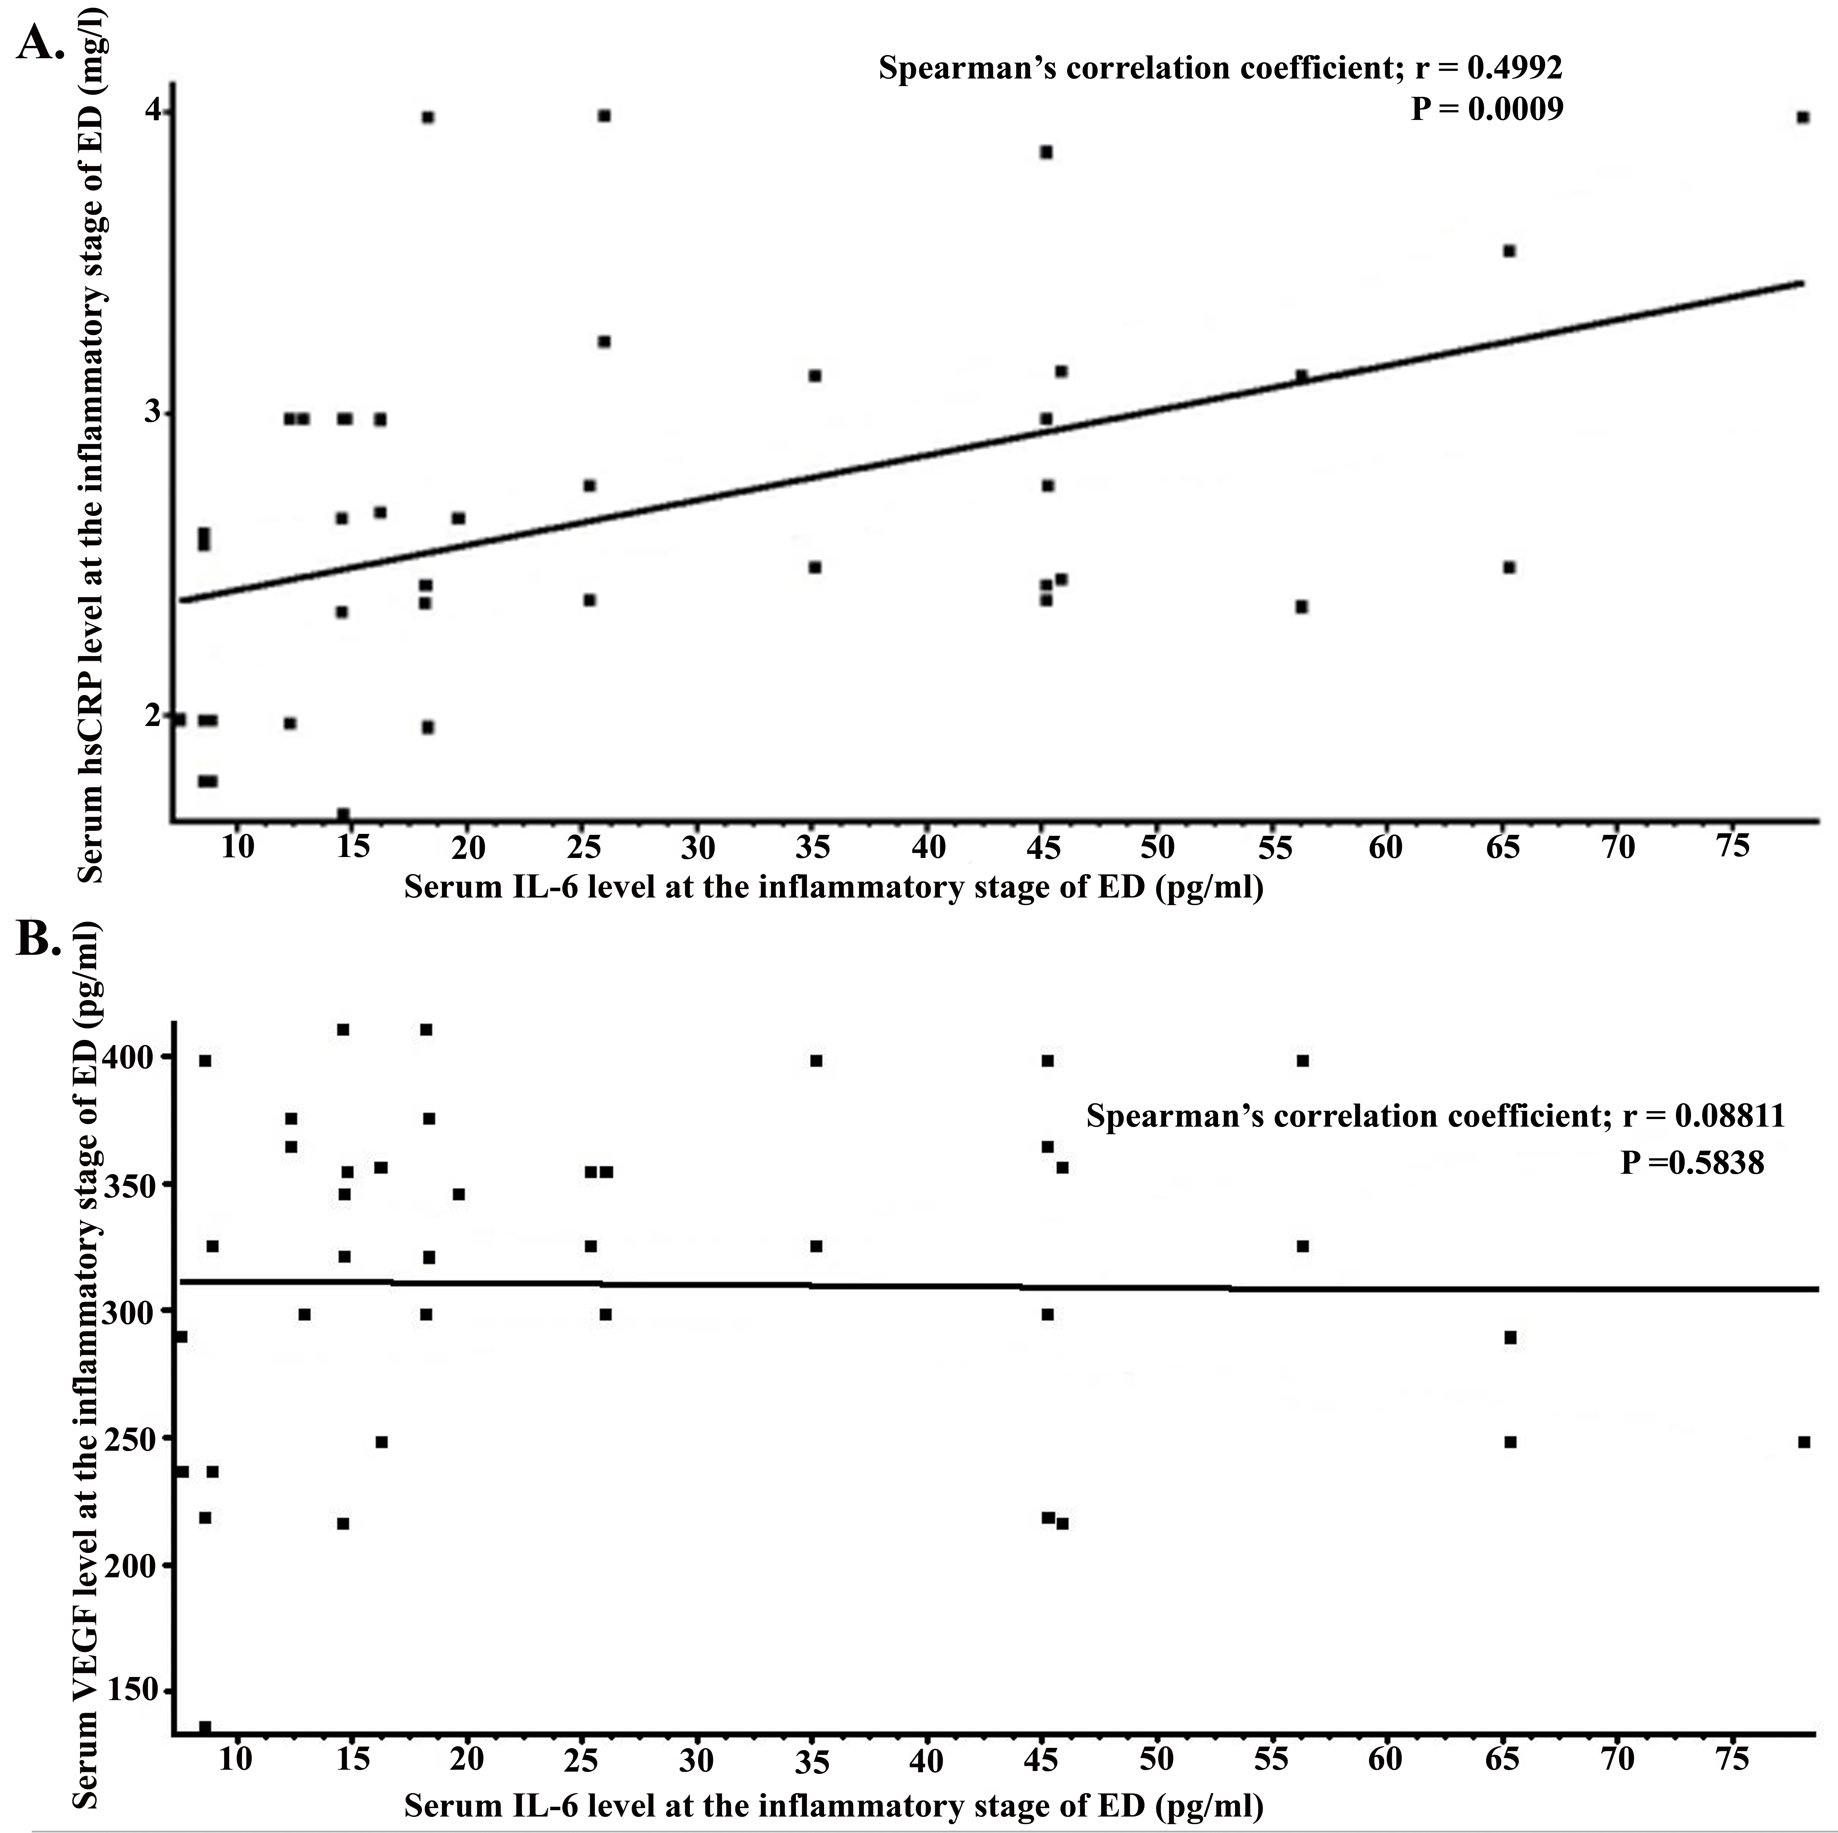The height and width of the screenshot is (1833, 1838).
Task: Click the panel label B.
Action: click(40, 942)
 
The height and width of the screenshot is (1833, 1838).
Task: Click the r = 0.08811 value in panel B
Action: click(1703, 1116)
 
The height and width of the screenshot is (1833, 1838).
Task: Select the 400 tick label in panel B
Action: click(136, 1057)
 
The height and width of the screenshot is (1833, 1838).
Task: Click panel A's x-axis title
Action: click(833, 887)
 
